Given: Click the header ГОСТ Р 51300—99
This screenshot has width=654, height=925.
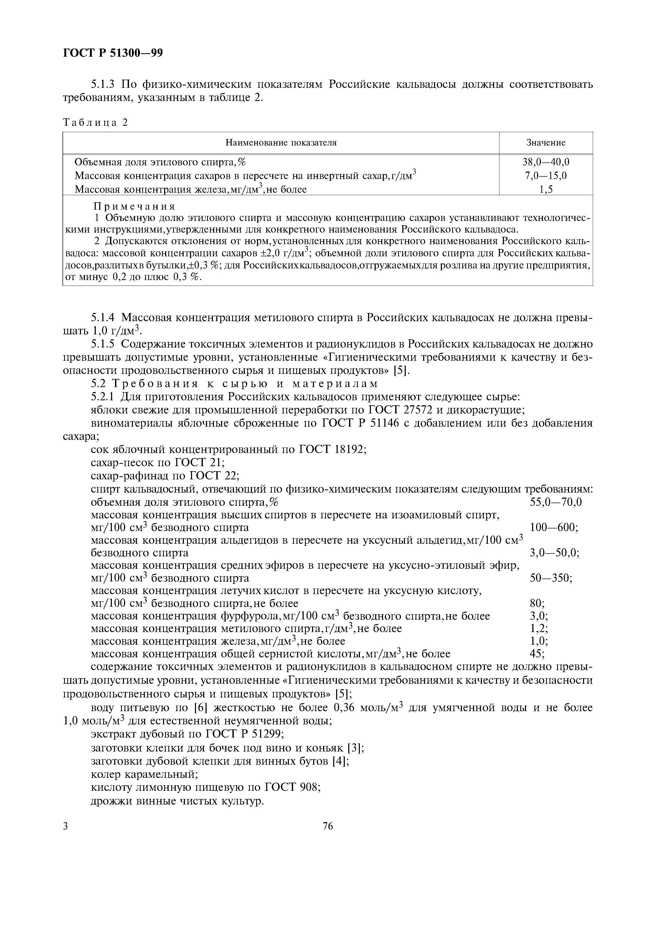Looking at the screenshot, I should (113, 53).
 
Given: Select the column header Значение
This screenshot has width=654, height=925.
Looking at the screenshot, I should (546, 143).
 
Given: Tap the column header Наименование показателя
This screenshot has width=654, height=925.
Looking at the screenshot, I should (281, 143).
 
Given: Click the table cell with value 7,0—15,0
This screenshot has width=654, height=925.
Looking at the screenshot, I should (546, 176).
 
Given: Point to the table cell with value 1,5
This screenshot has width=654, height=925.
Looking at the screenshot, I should (546, 189).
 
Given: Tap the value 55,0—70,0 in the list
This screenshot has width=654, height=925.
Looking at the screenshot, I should (556, 502).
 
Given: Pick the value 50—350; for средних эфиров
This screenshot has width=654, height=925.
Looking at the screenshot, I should (551, 578).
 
